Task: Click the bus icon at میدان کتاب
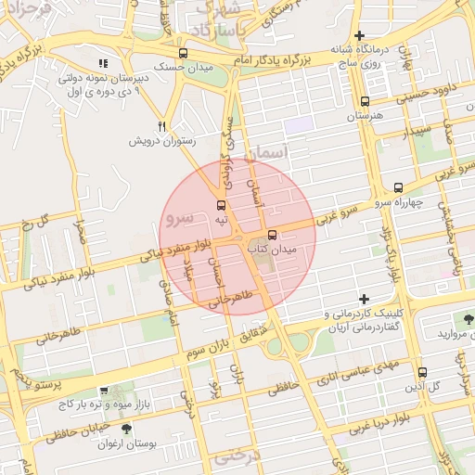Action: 272,236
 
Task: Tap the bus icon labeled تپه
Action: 221,205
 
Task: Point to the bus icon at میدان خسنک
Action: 183,54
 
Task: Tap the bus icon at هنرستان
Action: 365,102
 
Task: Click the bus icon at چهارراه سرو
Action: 399,186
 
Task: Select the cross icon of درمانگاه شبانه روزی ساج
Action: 359,35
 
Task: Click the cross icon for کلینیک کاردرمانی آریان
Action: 364,300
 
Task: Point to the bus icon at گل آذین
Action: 422,371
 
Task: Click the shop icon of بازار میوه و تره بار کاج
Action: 103,392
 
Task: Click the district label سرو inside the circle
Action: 177,218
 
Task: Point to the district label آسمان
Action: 294,152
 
